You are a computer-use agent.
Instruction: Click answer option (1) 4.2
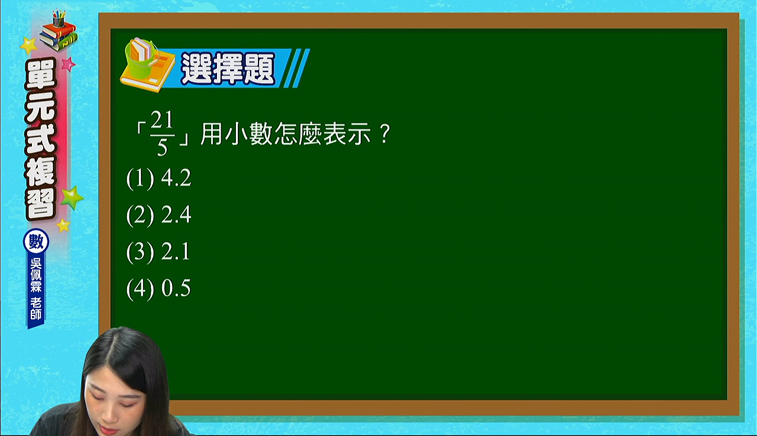[x=158, y=178]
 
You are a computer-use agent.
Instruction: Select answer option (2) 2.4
[x=158, y=215]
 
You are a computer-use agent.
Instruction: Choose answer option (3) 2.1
[x=158, y=252]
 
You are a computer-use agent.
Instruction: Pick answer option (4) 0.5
[x=158, y=288]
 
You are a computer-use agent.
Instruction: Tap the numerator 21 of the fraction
[x=161, y=120]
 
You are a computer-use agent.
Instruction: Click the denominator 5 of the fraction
[x=162, y=148]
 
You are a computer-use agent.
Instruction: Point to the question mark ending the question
[x=385, y=134]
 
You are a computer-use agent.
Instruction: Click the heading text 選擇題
[x=228, y=69]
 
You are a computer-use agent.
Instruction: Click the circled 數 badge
[x=36, y=242]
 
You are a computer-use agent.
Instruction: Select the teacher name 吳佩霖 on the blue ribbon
[x=36, y=275]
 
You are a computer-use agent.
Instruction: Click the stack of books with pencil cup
[x=59, y=31]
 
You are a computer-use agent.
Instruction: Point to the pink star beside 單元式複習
[x=68, y=64]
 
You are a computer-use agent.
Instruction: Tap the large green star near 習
[x=72, y=198]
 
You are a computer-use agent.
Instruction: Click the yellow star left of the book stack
[x=29, y=45]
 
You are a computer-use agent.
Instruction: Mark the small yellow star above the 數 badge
[x=63, y=226]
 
